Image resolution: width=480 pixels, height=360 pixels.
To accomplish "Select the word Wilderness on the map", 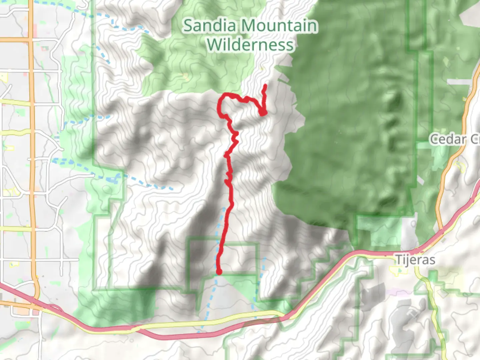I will click(x=250, y=45).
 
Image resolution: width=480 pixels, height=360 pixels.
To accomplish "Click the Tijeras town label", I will click(x=415, y=259).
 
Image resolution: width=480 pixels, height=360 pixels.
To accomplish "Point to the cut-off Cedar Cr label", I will click(x=454, y=139).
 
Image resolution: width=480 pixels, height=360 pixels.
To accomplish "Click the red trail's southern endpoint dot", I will click(x=219, y=272).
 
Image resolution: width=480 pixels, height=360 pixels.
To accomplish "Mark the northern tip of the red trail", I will click(x=265, y=86).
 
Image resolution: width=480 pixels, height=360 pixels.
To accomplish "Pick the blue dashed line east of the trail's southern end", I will click(x=262, y=277).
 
